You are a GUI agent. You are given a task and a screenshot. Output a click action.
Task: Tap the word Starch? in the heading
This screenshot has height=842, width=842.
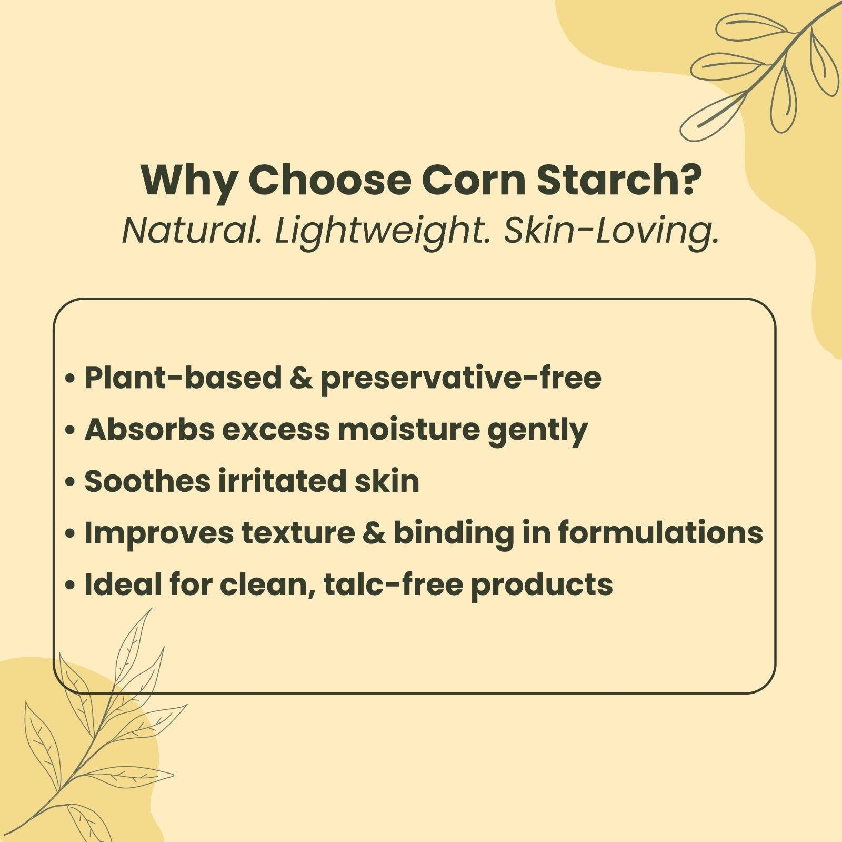[619, 180]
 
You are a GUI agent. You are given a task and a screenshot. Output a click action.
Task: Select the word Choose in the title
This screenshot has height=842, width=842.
[329, 180]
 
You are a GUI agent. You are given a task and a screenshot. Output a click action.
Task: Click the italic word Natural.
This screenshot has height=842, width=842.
[192, 231]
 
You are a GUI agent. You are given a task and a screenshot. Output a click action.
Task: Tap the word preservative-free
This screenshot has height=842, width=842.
[461, 379]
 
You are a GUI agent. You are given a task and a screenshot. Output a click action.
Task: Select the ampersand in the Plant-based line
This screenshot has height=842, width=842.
[301, 378]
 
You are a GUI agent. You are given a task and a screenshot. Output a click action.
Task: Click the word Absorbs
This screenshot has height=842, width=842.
[149, 429]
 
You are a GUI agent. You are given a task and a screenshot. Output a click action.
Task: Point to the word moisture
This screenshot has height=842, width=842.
[409, 430]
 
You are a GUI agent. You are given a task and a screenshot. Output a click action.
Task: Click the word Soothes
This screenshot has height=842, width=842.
[147, 481]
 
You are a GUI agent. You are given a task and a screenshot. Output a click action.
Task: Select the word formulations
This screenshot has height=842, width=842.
[660, 532]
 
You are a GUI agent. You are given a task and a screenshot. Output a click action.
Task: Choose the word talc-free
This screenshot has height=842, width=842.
[393, 584]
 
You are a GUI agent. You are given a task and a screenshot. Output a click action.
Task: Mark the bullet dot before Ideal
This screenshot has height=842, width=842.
[69, 586]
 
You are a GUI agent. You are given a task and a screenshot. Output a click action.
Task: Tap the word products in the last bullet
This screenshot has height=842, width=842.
[542, 586]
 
